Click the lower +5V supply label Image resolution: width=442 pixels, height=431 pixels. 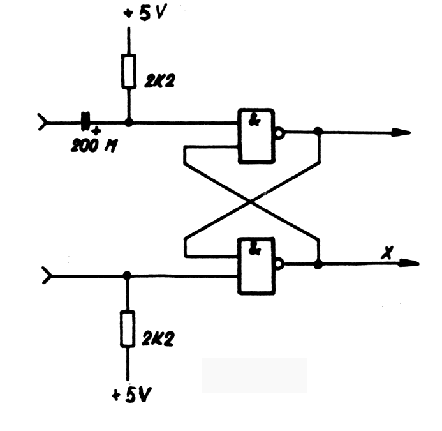(x=132, y=395)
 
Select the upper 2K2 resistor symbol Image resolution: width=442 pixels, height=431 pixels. (x=129, y=71)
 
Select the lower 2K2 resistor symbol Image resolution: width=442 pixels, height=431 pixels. (x=128, y=329)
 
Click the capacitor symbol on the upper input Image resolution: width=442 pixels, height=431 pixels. (x=84, y=121)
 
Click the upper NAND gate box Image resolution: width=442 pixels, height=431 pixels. (x=256, y=135)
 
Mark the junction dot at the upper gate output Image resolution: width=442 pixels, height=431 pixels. (x=318, y=132)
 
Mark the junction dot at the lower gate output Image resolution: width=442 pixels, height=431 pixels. (x=318, y=262)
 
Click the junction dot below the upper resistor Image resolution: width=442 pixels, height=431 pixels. (x=129, y=121)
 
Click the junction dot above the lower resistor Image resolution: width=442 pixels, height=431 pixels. (x=128, y=276)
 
